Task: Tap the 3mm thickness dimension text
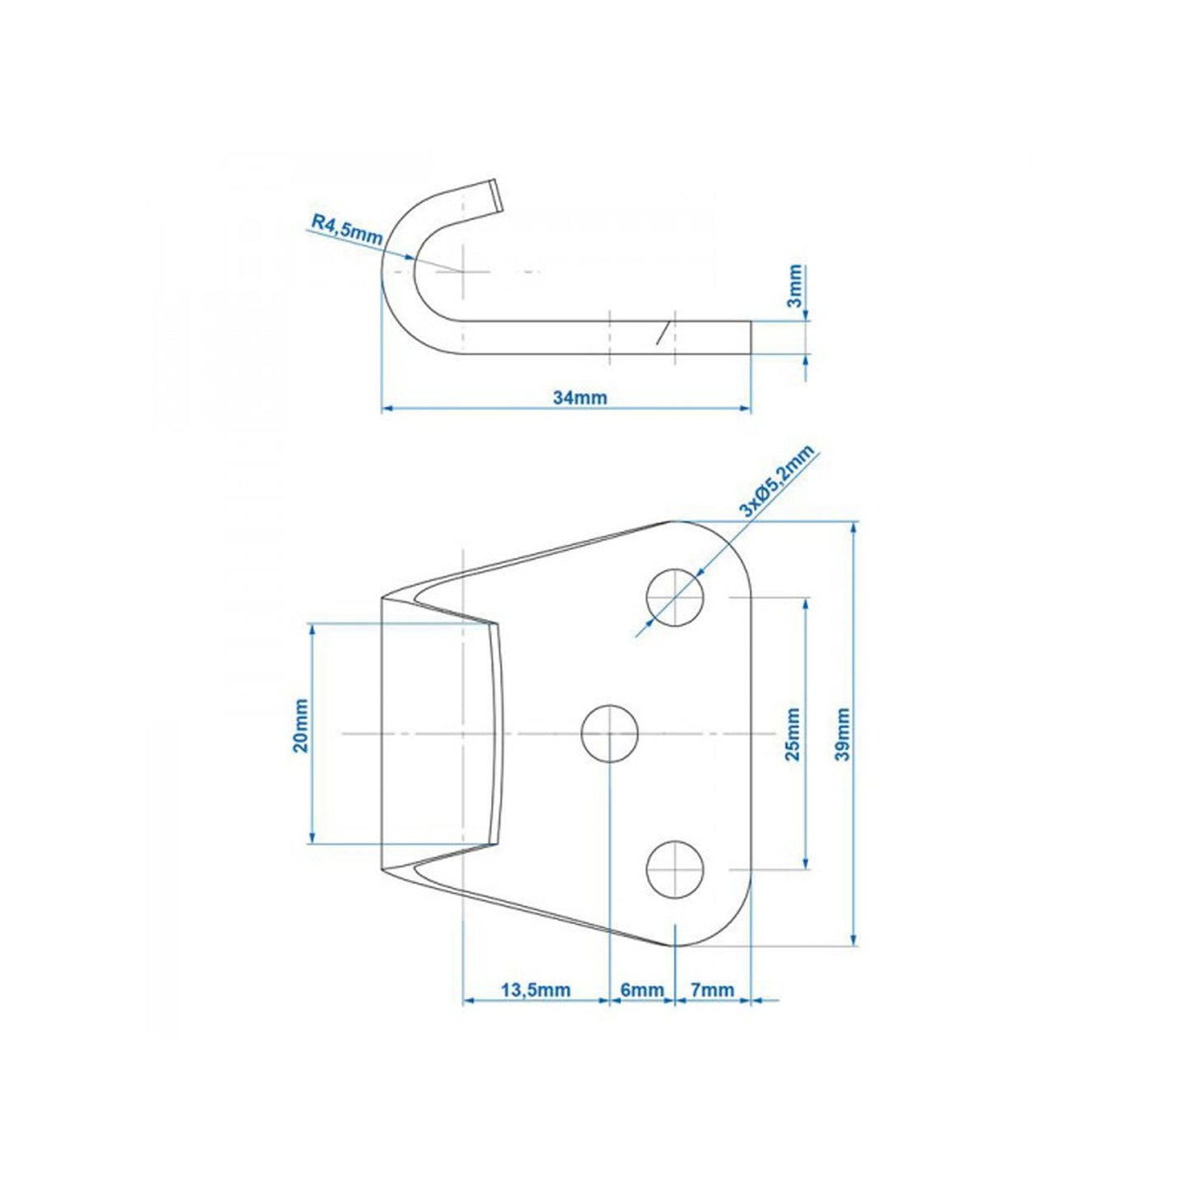coord(795,285)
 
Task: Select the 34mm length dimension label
coord(580,398)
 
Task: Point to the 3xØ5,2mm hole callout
coord(775,482)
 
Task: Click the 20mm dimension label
coord(300,726)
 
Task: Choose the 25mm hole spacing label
coord(793,734)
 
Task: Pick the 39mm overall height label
coord(843,734)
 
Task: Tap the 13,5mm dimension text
coord(535,990)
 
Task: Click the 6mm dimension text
coord(641,990)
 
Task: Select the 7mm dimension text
coord(712,990)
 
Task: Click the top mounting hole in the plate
coord(675,597)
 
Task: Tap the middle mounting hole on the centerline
coord(610,733)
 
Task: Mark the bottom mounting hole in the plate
coord(675,870)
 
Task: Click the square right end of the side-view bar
coord(750,338)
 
